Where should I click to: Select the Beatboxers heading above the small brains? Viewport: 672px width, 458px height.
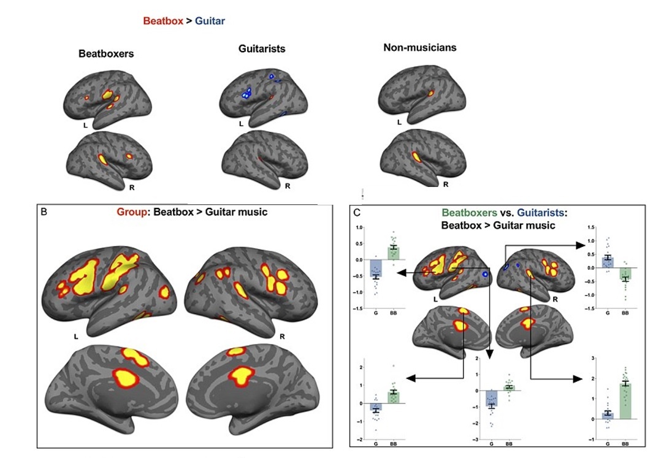(x=106, y=53)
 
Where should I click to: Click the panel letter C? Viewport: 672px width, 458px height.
(x=355, y=212)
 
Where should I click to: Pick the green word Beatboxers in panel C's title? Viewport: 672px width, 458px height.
(x=468, y=213)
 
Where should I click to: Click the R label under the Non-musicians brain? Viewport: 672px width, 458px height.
(x=446, y=183)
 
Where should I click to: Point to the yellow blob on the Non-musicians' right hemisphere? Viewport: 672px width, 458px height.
(x=416, y=157)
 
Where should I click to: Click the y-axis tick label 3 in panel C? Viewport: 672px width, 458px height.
(x=592, y=357)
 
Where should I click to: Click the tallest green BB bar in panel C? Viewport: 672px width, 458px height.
(x=624, y=401)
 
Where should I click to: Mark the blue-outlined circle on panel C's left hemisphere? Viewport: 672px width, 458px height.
(x=486, y=274)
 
